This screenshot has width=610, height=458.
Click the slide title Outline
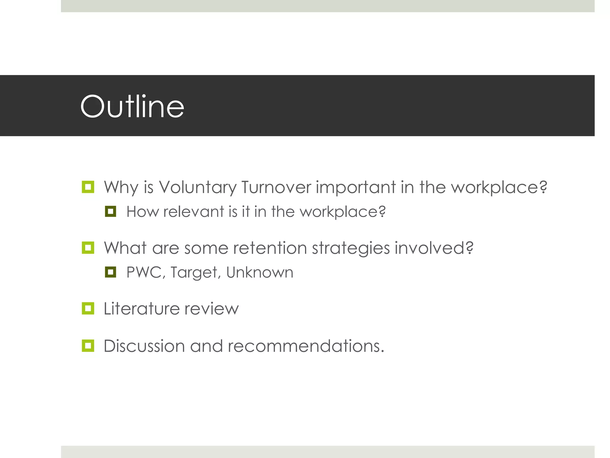click(x=132, y=106)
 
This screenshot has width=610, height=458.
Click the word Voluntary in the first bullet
click(x=197, y=188)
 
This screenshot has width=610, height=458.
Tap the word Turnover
click(x=276, y=188)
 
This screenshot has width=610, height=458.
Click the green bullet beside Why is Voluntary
click(x=88, y=187)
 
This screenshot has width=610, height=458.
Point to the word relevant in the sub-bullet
click(x=194, y=212)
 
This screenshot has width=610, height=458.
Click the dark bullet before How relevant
click(x=111, y=211)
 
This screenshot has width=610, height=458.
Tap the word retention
click(x=270, y=248)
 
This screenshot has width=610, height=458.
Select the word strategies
click(x=351, y=248)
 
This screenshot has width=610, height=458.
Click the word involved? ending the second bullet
click(x=434, y=248)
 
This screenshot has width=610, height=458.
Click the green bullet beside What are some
click(x=88, y=247)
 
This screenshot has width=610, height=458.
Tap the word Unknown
click(x=260, y=272)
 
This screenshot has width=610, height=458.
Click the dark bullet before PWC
click(x=111, y=272)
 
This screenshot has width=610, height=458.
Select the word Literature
click(x=141, y=309)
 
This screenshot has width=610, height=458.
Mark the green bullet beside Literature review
click(x=88, y=308)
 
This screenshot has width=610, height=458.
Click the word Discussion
click(x=144, y=346)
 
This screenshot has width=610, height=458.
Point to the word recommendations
click(x=306, y=346)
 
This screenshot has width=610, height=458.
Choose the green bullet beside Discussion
click(x=88, y=346)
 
